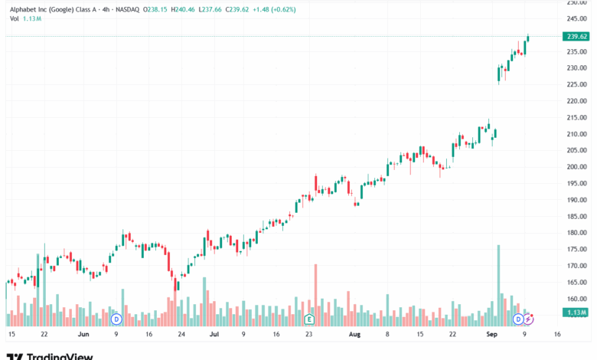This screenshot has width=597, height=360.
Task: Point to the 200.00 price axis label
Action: coord(576,167)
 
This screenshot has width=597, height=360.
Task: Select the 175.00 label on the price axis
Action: coord(576,249)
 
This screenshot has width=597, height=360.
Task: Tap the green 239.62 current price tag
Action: coord(576,36)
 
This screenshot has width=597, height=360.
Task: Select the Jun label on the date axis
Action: coord(83,334)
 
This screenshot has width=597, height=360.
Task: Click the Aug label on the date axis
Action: coord(354,334)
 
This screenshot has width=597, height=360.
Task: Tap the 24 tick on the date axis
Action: coord(181,334)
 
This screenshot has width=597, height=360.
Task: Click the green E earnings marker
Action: coord(309,319)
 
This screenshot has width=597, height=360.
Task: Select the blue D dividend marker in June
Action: coord(116,319)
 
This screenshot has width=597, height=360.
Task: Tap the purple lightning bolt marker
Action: coord(528,319)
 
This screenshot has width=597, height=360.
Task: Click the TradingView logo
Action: coord(50,355)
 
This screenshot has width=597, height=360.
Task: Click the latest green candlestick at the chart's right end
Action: coord(528,39)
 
